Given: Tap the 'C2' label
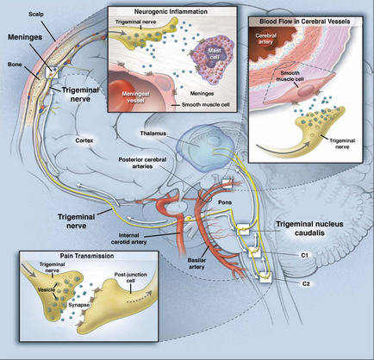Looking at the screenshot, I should coord(304,283).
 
